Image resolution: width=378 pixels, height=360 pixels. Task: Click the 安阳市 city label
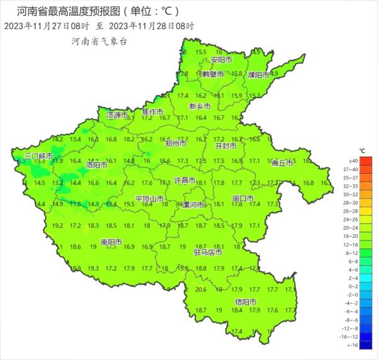point(221,60)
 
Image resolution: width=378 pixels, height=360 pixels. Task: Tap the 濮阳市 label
point(258,74)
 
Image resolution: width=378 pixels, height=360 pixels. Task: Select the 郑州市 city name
point(175,143)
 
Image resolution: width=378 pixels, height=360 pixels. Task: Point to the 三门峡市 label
point(38,155)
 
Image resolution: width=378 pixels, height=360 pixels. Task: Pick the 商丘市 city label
point(282,162)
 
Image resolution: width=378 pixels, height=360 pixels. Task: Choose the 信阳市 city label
point(246,302)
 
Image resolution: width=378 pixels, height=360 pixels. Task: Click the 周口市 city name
point(243,198)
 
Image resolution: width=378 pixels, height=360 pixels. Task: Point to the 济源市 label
point(118,116)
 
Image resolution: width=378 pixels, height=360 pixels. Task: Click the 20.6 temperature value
point(201,290)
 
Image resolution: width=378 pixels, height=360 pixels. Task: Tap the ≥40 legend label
point(369,162)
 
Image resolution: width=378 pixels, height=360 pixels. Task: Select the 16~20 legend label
point(369,235)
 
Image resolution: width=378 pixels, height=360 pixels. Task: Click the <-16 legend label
point(369,346)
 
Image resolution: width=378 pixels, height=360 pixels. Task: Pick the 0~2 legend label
point(369,286)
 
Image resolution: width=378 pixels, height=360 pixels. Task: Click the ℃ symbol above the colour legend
point(362,151)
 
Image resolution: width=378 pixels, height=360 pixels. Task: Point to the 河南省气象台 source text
point(99,41)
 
